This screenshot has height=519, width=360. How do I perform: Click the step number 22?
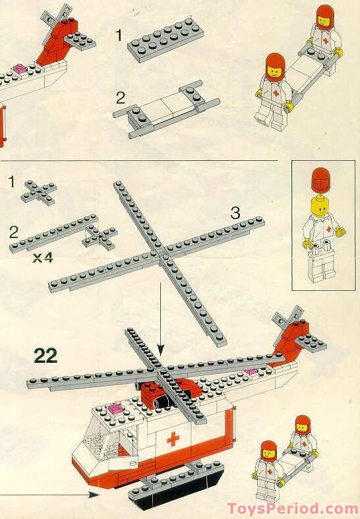coord(45,355)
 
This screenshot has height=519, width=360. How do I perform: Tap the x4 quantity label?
coord(42,258)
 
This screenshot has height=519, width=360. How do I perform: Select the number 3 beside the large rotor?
coord(235,213)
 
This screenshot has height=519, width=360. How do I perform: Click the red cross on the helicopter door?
coord(173,439)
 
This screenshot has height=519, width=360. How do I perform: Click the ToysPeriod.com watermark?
coord(292,508)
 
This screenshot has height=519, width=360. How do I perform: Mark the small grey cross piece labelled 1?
coord(38,191)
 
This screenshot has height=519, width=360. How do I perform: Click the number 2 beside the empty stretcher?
coord(119,98)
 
